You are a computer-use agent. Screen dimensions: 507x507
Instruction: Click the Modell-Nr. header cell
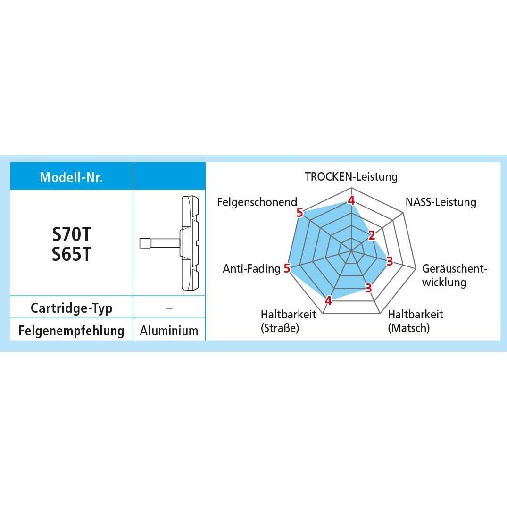pyautogui.click(x=72, y=176)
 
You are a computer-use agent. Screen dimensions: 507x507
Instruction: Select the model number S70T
pyautogui.click(x=72, y=234)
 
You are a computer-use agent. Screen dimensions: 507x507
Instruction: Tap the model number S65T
pyautogui.click(x=72, y=254)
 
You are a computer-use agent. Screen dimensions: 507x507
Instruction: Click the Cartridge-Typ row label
pyautogui.click(x=72, y=308)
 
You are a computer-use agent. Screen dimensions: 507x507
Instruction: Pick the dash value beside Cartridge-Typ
pyautogui.click(x=169, y=308)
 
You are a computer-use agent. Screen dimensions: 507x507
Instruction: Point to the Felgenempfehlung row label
pyautogui.click(x=72, y=331)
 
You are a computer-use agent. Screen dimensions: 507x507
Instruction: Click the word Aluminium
pyautogui.click(x=169, y=331)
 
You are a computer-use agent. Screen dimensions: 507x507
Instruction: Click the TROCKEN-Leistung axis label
pyautogui.click(x=351, y=176)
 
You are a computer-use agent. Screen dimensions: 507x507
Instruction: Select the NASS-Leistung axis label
pyautogui.click(x=441, y=202)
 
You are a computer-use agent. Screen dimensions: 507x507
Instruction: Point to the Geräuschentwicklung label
pyautogui.click(x=454, y=275)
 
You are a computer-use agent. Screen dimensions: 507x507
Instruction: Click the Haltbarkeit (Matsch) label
pyautogui.click(x=415, y=321)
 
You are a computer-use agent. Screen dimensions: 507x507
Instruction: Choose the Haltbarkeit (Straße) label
pyautogui.click(x=289, y=321)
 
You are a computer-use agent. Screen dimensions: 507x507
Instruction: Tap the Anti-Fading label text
pyautogui.click(x=251, y=268)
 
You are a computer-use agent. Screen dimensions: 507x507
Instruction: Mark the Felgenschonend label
pyautogui.click(x=257, y=202)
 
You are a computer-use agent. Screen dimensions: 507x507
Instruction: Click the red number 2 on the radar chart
pyautogui.click(x=372, y=235)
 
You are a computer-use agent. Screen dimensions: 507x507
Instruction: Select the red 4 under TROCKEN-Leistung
pyautogui.click(x=351, y=200)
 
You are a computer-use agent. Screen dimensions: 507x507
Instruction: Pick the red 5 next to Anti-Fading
pyautogui.click(x=287, y=268)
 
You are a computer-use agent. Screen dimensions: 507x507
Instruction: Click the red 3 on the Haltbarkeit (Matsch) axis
pyautogui.click(x=369, y=288)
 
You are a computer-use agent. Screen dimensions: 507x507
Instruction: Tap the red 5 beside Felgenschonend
pyautogui.click(x=300, y=213)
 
